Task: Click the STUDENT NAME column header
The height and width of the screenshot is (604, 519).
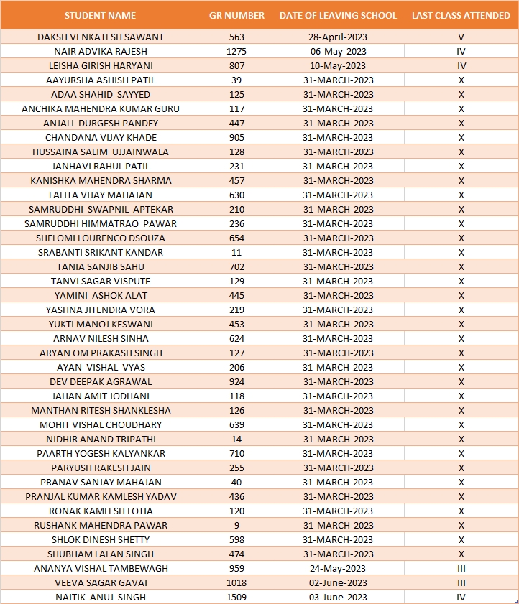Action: coord(100,15)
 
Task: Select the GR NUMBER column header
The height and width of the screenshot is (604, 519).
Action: coord(236,15)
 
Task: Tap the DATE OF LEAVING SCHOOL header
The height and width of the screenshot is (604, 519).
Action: coord(338,15)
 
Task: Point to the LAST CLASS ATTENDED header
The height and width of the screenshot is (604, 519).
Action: coord(461,15)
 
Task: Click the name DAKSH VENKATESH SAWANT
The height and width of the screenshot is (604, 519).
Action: coord(101,37)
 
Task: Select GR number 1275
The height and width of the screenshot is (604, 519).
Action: coord(236,51)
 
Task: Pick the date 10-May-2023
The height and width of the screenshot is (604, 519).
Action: coord(338,65)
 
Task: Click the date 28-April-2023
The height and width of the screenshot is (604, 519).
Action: coord(338,37)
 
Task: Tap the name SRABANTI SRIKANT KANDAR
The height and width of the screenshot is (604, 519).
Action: coord(101,252)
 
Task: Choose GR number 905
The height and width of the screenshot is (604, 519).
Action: coord(236,137)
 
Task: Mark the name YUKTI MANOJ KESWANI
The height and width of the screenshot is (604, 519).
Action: coord(101,324)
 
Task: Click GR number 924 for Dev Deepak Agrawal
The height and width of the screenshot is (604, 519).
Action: coord(236,381)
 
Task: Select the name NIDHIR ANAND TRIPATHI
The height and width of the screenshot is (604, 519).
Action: coord(101,439)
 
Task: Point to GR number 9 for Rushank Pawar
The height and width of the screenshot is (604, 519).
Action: coord(236,525)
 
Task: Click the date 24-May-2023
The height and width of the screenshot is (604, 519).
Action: coord(338,568)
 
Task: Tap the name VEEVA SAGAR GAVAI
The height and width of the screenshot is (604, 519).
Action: coord(101,582)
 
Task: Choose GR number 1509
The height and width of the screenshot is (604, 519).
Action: coord(236,597)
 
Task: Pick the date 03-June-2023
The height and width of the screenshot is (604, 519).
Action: coord(338,597)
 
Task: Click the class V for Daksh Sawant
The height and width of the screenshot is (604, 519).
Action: coord(461,37)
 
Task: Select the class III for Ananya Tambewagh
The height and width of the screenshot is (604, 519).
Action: coord(461,568)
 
